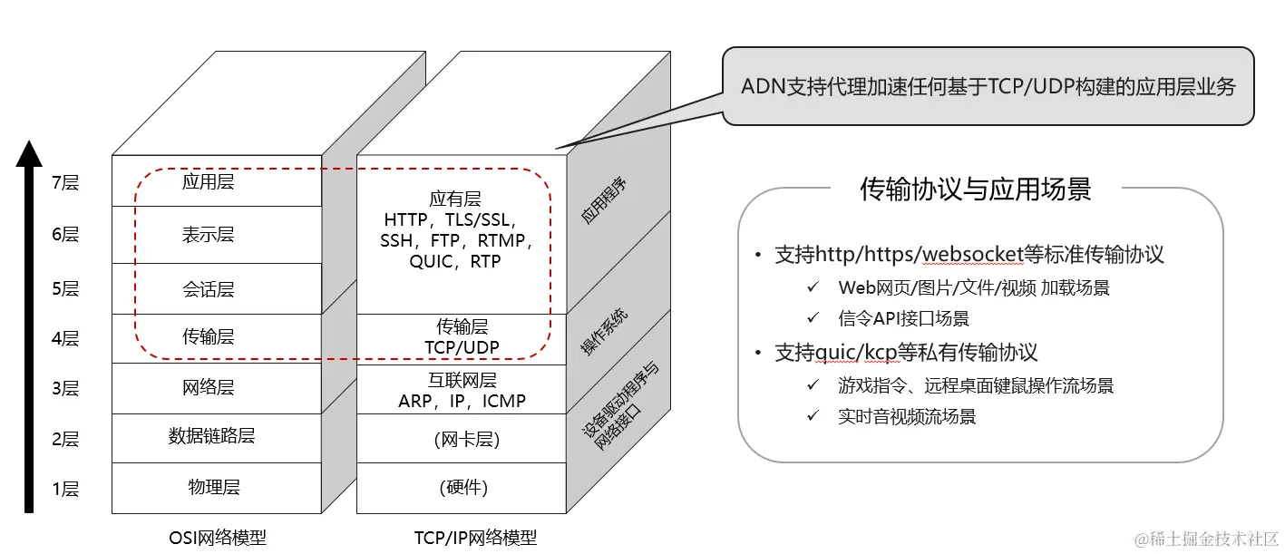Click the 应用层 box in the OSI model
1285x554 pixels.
click(x=208, y=181)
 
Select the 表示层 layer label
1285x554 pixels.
click(x=208, y=235)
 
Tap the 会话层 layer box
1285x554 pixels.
click(x=208, y=290)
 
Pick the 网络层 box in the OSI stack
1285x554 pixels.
click(x=208, y=388)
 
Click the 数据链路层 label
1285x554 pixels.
click(x=211, y=436)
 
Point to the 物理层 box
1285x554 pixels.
click(x=213, y=488)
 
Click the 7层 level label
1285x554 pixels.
click(x=65, y=183)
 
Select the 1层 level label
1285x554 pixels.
click(x=65, y=490)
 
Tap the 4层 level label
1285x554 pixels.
click(x=65, y=339)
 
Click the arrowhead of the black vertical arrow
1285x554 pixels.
click(x=30, y=154)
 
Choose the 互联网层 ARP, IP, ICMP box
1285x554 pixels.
click(x=462, y=390)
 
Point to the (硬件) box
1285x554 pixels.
click(x=462, y=488)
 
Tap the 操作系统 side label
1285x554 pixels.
click(x=605, y=331)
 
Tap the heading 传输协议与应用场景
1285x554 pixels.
click(x=975, y=189)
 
